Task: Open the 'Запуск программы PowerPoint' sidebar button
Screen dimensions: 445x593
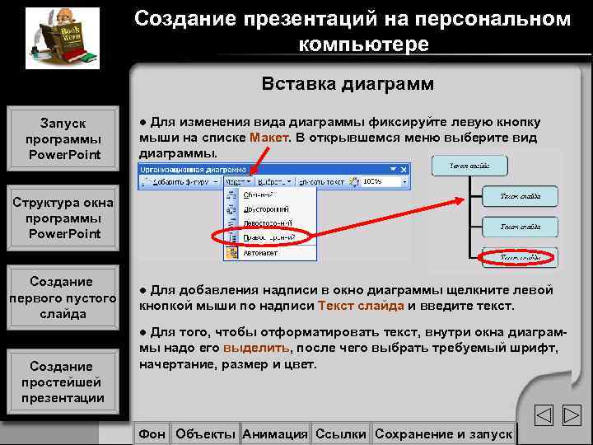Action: coord(63,138)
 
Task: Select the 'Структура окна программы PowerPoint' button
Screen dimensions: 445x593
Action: coord(63,218)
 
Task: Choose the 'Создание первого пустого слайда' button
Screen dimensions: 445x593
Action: coord(63,297)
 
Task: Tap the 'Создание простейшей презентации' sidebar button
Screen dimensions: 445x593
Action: coord(63,382)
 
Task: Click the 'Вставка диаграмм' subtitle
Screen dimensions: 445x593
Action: coord(347,84)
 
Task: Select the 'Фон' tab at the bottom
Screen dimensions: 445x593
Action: coord(152,433)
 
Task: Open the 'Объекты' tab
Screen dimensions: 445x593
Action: coord(205,433)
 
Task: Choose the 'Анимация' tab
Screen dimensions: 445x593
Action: coord(275,433)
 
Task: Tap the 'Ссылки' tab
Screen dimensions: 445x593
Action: coord(341,433)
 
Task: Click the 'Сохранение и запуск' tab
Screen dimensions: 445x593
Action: coord(443,433)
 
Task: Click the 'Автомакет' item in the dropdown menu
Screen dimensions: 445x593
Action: coord(261,253)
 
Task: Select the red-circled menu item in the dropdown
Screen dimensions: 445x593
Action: coord(264,237)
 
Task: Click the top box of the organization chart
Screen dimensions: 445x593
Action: coord(469,166)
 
